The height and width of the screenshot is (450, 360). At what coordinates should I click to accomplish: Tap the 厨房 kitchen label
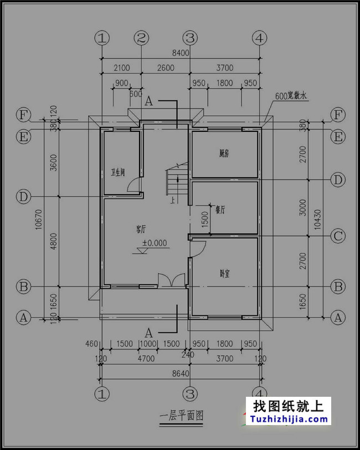click(224, 154)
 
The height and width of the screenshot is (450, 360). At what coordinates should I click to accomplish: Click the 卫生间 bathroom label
click(117, 172)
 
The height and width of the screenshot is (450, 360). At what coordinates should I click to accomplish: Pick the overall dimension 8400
click(181, 53)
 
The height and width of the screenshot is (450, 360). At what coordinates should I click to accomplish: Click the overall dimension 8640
click(181, 374)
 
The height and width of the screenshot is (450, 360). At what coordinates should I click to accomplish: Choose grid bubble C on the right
click(338, 236)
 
